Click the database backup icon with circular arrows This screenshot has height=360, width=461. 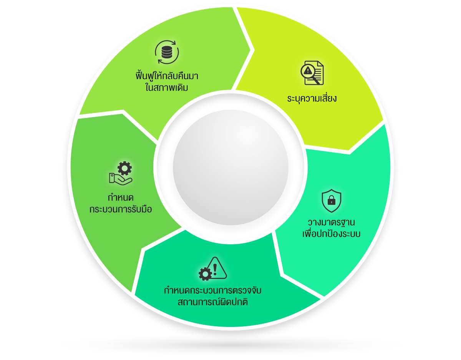tap(167, 52)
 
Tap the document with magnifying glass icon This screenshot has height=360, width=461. tap(312, 73)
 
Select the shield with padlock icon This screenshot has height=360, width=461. tap(332, 201)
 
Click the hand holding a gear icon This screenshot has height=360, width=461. tap(121, 173)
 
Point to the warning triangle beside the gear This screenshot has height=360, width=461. tap(217, 268)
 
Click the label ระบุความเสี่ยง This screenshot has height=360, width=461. tap(312, 99)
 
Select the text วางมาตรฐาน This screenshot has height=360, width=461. tap(332, 223)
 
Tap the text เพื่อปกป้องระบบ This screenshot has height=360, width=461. tap(332, 234)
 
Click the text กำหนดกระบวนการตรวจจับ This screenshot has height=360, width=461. tap(212, 290)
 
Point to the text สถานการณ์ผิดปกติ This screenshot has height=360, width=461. tap(212, 302)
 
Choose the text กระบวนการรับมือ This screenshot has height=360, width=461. tap(121, 209)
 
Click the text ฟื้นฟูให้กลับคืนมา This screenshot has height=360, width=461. tap(167, 76)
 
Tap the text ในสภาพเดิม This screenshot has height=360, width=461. tap(167, 87)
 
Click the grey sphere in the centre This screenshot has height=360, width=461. tap(230, 168)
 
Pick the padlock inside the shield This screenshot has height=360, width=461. tap(332, 200)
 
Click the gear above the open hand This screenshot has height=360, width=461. tap(124, 168)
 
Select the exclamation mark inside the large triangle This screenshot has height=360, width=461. tap(215, 269)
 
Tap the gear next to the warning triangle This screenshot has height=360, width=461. tap(205, 274)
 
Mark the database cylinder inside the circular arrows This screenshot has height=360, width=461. tap(167, 52)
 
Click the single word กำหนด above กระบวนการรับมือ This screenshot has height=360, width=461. tap(121, 198)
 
